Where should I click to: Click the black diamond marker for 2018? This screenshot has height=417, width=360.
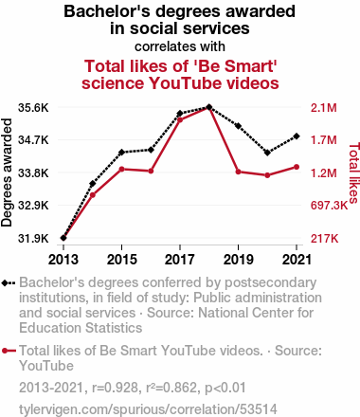point(208,107)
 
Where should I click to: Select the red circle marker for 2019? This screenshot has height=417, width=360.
point(238,172)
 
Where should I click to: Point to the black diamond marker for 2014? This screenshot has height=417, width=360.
point(93,184)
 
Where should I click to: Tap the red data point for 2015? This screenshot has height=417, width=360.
point(121,169)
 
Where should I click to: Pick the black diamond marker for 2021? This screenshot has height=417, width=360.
point(297,136)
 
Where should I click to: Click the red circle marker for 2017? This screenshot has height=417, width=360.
point(180,119)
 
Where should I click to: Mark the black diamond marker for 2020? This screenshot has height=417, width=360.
point(267,153)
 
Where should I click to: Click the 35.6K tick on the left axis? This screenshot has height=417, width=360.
point(33,108)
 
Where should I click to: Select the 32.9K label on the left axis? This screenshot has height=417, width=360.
point(33,206)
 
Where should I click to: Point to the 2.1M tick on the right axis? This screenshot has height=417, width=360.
point(324,108)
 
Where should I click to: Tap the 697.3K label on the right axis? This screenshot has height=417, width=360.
point(329,206)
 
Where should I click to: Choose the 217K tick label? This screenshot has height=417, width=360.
point(324,238)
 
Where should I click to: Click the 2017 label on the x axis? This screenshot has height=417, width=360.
point(180,260)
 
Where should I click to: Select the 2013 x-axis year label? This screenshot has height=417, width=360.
point(63,260)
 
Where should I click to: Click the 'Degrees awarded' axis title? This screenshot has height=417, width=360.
point(7,172)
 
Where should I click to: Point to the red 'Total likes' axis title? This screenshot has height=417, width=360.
point(354,172)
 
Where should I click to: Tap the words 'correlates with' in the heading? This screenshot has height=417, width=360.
point(180,46)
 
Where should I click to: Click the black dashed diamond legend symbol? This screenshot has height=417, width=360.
point(9,282)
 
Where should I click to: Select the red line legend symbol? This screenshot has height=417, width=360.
point(9,351)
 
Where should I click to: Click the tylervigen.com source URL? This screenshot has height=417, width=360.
point(148,409)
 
